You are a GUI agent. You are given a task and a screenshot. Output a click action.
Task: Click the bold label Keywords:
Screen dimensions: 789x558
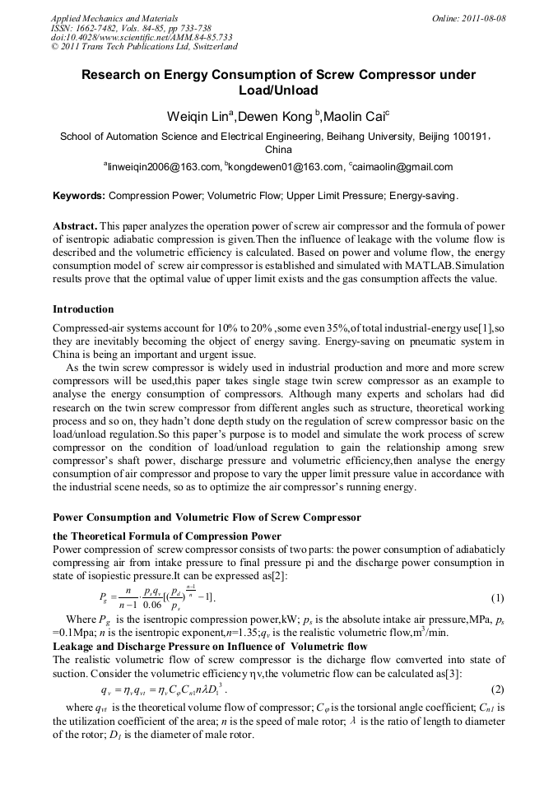click(79, 197)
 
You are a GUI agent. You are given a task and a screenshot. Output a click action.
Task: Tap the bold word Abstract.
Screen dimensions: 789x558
click(75, 226)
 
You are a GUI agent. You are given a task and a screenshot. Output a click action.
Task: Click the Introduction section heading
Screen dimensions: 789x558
click(83, 309)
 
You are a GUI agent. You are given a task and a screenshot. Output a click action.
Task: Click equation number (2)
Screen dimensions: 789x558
click(497, 688)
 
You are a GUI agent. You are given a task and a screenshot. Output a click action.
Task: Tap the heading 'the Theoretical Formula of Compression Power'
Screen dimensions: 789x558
click(167, 536)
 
